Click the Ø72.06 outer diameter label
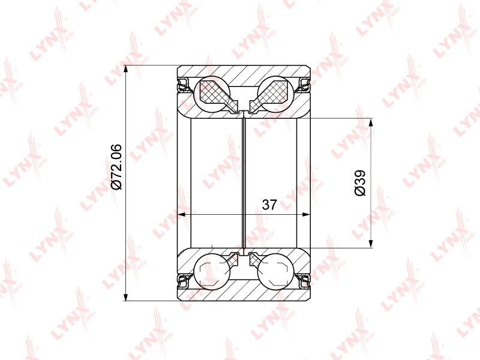click(116, 167)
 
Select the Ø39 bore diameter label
click(360, 183)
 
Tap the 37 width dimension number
click(269, 205)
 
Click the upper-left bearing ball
click(212, 93)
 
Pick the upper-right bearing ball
click(276, 93)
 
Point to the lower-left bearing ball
click(212, 271)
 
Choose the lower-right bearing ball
click(276, 271)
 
